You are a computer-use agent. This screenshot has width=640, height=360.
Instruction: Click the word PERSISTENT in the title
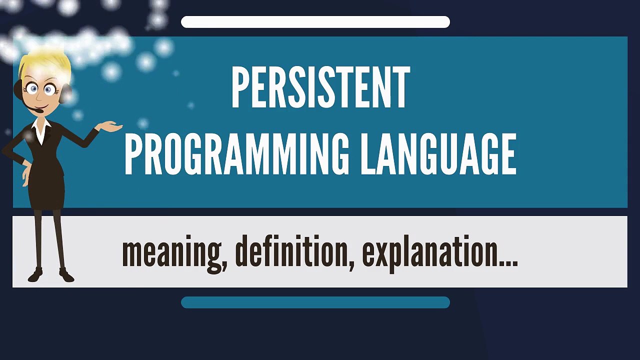click(x=320, y=88)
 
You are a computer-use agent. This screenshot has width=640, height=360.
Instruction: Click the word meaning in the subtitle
click(x=170, y=253)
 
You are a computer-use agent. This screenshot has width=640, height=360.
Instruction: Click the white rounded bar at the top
click(x=315, y=22)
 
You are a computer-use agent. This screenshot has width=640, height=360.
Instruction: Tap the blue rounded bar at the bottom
click(x=315, y=302)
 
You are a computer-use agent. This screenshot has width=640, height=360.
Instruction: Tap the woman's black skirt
click(x=46, y=190)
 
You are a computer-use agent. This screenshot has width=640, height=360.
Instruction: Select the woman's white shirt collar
click(x=41, y=128)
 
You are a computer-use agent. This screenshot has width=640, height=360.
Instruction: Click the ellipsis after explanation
click(x=509, y=263)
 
